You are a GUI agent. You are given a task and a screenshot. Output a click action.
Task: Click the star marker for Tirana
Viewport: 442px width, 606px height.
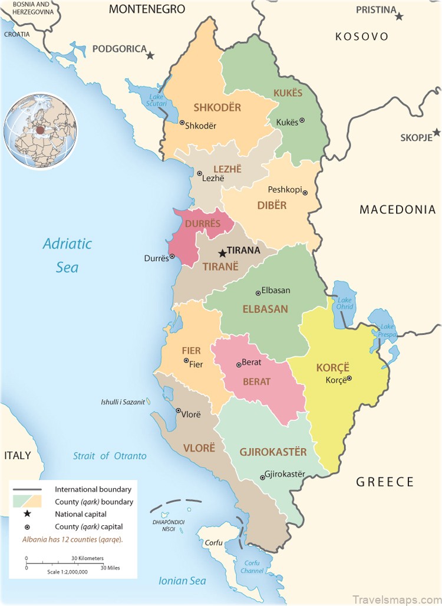tap(222, 253)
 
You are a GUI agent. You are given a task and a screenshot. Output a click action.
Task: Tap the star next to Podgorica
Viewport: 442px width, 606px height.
tap(150, 55)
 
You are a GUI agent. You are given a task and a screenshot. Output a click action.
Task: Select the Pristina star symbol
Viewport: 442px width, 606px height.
tap(399, 16)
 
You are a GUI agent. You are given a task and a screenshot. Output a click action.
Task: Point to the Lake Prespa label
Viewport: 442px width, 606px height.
tap(387, 330)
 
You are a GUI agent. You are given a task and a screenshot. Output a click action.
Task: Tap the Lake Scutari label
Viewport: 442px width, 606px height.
tap(158, 100)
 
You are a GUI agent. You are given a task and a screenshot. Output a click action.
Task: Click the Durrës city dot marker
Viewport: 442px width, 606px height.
tap(172, 256)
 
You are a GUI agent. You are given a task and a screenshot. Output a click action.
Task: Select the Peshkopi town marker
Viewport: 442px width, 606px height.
tap(305, 192)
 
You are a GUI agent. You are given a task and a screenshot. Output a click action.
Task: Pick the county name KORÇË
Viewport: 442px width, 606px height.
tap(333, 367)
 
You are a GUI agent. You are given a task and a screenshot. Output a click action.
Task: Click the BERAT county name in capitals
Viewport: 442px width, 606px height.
tap(256, 381)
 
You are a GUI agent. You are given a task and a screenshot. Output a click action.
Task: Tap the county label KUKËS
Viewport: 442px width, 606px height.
tap(288, 93)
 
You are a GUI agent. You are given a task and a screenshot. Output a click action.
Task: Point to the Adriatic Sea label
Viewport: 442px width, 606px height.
tap(67, 255)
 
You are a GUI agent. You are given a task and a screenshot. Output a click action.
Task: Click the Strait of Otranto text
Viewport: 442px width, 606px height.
tap(110, 456)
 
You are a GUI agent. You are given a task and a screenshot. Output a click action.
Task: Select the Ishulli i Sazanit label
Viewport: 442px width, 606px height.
tap(123, 402)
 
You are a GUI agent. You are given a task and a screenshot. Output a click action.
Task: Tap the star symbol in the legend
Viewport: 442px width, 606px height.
tap(27, 514)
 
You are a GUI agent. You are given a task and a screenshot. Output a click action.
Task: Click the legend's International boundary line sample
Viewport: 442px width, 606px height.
tap(27, 489)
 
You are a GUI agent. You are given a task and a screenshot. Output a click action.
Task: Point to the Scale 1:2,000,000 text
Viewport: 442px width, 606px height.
tap(67, 571)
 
